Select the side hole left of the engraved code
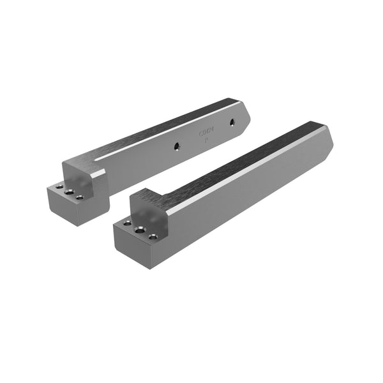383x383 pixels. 176,146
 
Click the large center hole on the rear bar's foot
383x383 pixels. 69,191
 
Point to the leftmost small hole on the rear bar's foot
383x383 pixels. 59,186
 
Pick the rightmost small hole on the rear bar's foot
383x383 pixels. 80,197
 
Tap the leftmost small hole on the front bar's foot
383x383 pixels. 128,224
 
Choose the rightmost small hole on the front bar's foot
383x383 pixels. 153,237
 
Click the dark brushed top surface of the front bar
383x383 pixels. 243,160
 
